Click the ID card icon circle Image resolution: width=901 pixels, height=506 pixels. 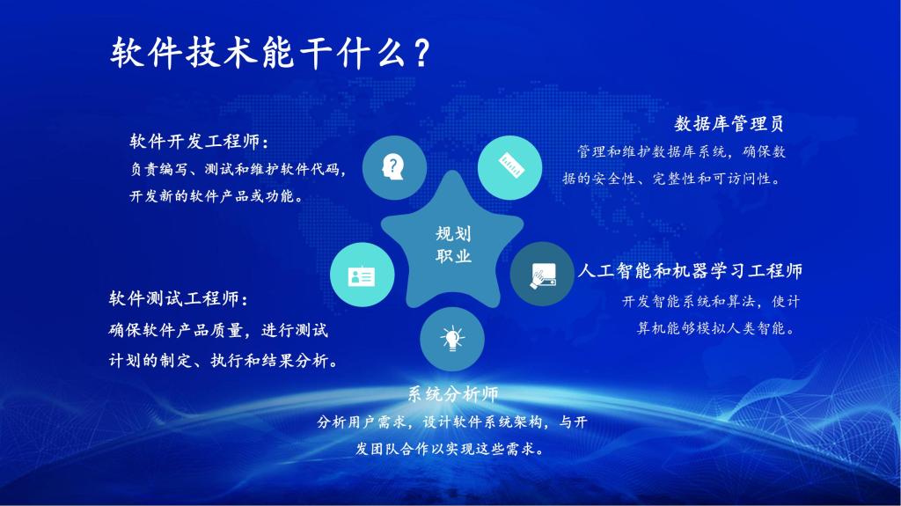(x=362, y=275)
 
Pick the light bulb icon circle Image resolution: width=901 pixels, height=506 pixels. (x=452, y=337)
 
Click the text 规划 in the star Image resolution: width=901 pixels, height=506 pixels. (x=453, y=234)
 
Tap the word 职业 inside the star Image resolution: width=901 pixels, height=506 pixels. (x=453, y=257)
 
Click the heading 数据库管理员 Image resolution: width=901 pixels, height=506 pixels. (x=729, y=123)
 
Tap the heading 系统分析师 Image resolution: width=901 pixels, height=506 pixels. (x=452, y=394)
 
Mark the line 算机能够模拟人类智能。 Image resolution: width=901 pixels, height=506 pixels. (x=716, y=329)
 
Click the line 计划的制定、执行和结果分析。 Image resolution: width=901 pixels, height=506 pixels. (x=224, y=362)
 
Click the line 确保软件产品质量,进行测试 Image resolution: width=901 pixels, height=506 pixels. (x=218, y=331)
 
